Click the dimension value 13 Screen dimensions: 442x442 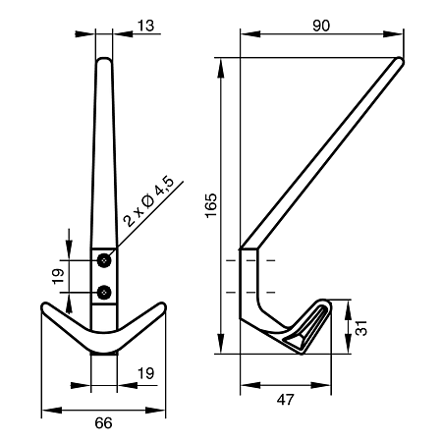[145, 26]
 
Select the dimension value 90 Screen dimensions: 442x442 [321, 26]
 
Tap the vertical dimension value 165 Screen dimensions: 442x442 [211, 205]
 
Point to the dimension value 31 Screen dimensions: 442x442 [361, 327]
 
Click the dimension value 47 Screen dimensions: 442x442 [286, 400]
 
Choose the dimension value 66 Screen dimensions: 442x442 [103, 423]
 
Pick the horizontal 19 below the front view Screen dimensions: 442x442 [145, 373]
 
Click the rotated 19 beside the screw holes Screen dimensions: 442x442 [58, 277]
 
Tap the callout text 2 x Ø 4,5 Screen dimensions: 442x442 [149, 202]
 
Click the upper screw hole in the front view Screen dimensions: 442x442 [104, 260]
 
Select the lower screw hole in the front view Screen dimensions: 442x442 [104, 292]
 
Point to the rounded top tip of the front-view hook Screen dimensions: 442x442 [104, 59]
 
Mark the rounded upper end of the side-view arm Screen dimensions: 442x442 [400, 61]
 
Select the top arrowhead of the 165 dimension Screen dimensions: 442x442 [221, 68]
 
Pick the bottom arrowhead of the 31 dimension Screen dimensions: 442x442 [348, 344]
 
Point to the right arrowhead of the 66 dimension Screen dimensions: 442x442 [155, 410]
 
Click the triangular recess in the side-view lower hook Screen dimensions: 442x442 [295, 342]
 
